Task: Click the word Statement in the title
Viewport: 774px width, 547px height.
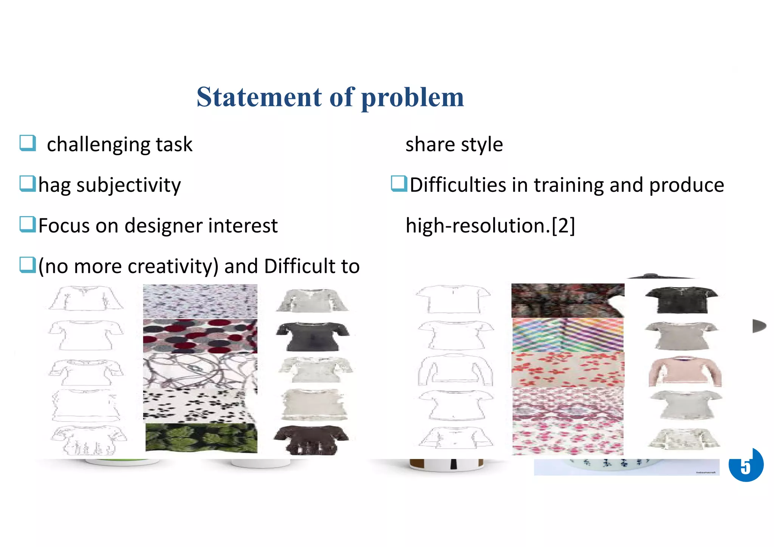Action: [259, 97]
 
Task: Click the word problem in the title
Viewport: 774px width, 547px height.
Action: [412, 98]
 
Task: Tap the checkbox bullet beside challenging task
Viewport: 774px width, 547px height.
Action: [28, 143]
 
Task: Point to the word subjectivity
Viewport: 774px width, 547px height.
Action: [128, 185]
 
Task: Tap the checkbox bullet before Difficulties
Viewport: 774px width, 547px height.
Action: [399, 184]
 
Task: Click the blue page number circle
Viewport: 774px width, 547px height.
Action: [746, 465]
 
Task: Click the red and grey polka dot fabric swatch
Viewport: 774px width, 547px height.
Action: [200, 336]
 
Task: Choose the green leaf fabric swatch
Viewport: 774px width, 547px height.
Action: [201, 438]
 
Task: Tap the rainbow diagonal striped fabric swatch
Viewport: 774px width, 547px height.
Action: [568, 335]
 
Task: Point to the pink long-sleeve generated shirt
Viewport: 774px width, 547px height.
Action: [685, 372]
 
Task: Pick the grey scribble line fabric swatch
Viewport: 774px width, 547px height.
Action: [200, 371]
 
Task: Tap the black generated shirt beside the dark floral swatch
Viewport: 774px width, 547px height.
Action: [681, 300]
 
